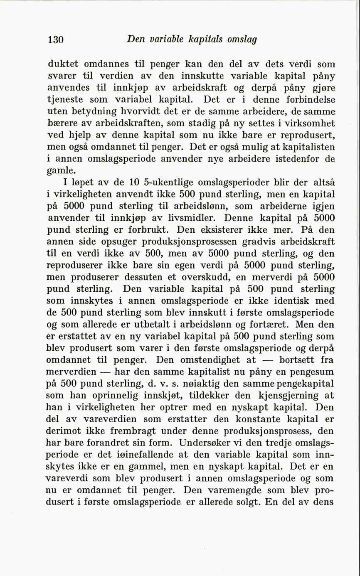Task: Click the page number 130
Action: coord(55,39)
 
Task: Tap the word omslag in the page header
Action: coord(242,39)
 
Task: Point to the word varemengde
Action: coord(235,490)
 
